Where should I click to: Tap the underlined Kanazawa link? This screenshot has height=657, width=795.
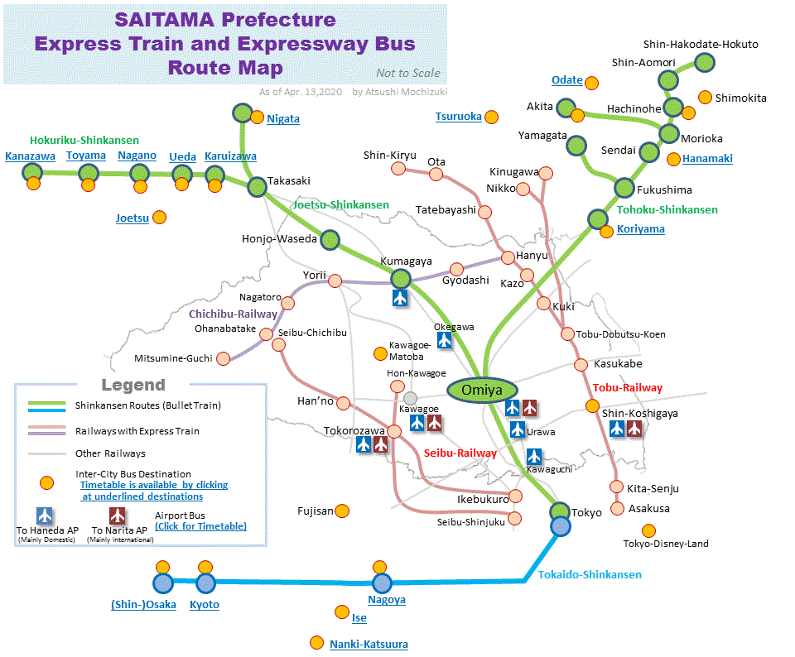point(30,156)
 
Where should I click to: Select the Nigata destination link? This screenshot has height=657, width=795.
point(282,119)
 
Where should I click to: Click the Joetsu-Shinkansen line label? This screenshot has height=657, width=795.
point(340,204)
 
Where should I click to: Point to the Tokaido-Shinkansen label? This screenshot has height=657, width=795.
point(590,574)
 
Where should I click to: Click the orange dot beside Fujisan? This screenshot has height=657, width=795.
point(342,511)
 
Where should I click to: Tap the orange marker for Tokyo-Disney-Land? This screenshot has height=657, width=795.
point(648,530)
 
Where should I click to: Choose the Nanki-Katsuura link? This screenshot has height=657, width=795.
point(369,644)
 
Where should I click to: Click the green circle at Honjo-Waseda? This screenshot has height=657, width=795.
point(330,240)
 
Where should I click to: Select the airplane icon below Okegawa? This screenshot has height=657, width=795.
point(445,340)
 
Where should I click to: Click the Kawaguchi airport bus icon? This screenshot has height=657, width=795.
point(534,456)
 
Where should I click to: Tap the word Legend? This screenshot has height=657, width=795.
point(133,385)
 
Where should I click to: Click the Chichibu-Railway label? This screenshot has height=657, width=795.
point(233,314)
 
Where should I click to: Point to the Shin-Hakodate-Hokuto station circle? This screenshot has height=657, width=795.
point(705,62)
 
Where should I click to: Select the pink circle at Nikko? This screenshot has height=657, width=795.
point(523,189)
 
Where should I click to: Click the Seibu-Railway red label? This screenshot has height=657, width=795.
point(460,453)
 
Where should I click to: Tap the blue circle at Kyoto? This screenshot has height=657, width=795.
point(205,583)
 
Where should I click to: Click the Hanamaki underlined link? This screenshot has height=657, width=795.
point(707,159)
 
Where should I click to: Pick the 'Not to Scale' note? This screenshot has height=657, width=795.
point(407,73)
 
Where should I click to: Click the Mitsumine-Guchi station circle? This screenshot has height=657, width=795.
point(222,358)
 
